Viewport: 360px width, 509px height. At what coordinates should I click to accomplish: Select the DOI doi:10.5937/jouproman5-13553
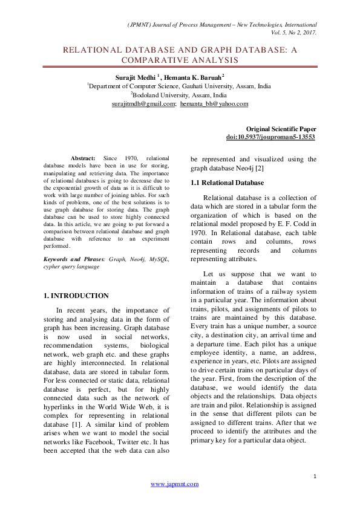pyautogui.click(x=270, y=137)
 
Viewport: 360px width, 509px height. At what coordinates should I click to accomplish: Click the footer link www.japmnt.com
pyautogui.click(x=174, y=484)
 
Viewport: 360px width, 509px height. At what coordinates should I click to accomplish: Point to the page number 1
pyautogui.click(x=315, y=477)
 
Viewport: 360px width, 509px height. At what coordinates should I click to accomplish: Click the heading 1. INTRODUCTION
pyautogui.click(x=77, y=296)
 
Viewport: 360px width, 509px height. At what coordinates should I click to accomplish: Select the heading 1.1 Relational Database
pyautogui.click(x=227, y=182)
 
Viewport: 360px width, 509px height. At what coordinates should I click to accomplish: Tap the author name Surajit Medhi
pyautogui.click(x=135, y=77)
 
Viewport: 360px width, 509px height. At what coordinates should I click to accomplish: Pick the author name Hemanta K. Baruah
pyautogui.click(x=192, y=77)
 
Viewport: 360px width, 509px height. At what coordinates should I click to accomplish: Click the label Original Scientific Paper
pyautogui.click(x=281, y=129)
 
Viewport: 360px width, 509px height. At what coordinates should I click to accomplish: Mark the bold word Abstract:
pyautogui.click(x=83, y=157)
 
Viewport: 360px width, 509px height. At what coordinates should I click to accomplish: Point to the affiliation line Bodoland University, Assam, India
pyautogui.click(x=180, y=95)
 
